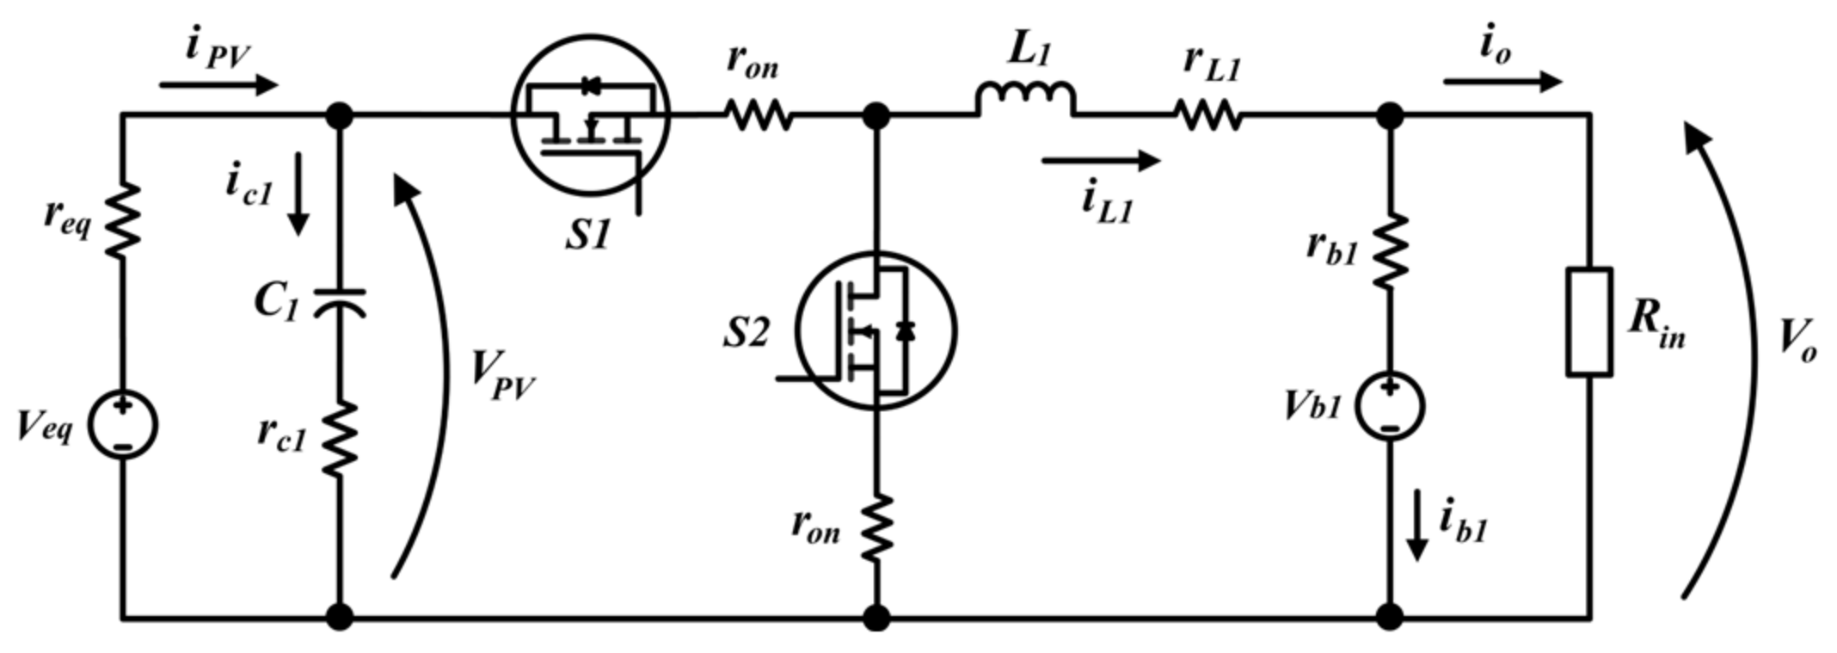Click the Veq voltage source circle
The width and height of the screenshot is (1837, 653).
[123, 425]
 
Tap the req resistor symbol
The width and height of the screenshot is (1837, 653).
[123, 220]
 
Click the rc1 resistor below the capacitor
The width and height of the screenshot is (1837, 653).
[340, 439]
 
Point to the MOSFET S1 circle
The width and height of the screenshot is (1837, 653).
[590, 114]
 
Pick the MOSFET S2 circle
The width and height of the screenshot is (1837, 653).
[875, 330]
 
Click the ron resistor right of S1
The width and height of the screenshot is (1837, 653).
[757, 114]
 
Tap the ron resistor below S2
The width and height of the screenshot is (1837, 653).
[876, 527]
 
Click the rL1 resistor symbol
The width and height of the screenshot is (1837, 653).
[1208, 114]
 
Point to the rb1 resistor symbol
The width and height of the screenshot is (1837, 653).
[1390, 250]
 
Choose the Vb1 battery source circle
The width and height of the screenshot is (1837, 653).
[1390, 405]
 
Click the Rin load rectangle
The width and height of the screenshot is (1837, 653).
[1588, 322]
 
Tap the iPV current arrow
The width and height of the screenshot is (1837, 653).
[218, 84]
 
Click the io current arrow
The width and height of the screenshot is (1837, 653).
[1502, 82]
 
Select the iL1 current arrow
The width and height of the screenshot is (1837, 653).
[1100, 160]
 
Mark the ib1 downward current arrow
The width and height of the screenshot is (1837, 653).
[1416, 526]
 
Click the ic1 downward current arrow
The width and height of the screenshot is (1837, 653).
[298, 194]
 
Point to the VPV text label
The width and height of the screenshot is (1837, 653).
[502, 376]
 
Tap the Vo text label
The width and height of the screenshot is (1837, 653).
[1797, 341]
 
